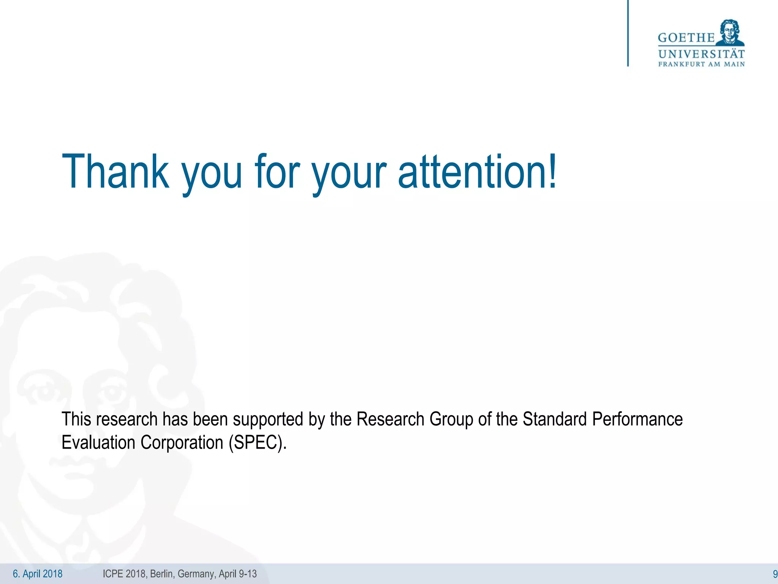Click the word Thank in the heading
click(115, 171)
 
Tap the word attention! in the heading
click(477, 171)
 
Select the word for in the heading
click(278, 171)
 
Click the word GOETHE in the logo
click(686, 38)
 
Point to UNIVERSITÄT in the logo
click(701, 54)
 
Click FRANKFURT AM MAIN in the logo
click(701, 64)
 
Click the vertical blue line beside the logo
click(628, 33)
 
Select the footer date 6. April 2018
click(38, 574)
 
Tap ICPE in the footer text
click(112, 574)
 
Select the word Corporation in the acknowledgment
click(182, 443)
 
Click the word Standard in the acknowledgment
click(555, 419)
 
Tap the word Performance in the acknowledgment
click(637, 419)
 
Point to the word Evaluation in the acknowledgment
click(98, 443)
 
